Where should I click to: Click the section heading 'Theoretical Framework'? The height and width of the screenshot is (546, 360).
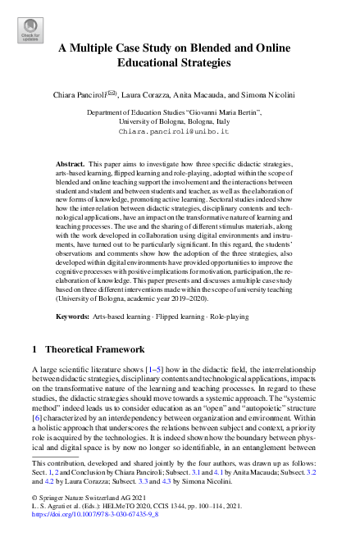click(x=95, y=349)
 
